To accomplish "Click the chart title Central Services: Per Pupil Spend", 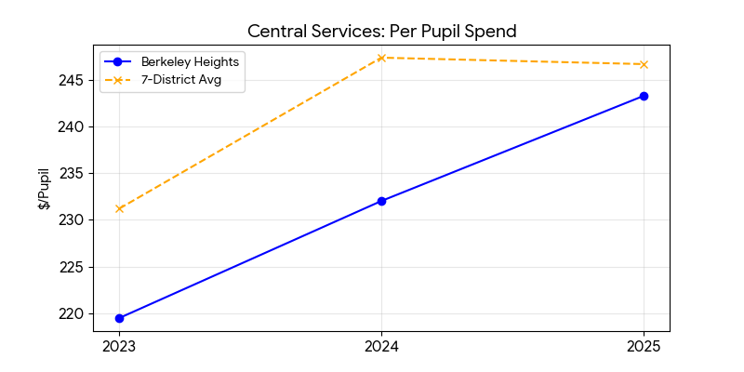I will (x=381, y=32).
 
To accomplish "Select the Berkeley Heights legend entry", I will (x=186, y=62).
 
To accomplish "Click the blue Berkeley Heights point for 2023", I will (x=119, y=318).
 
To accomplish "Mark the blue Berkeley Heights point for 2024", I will (x=381, y=201).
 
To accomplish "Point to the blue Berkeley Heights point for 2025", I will (x=644, y=96).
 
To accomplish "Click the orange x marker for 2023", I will (x=119, y=208).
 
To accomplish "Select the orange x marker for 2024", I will (x=381, y=58).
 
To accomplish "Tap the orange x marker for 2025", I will (x=644, y=64).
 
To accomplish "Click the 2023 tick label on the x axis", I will (x=119, y=348).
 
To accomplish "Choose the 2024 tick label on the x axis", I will (x=381, y=348).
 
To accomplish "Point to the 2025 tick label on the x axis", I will (x=644, y=348).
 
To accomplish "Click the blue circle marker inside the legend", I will (x=119, y=62).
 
